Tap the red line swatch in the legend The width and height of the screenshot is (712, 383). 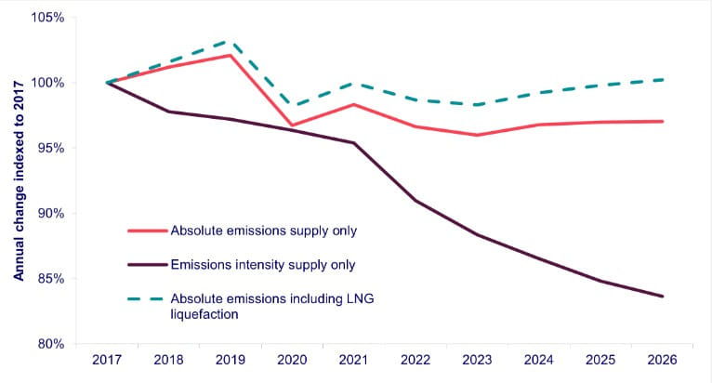coord(146,230)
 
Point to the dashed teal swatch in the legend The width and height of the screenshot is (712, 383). coord(146,298)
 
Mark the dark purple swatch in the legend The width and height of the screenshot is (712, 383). coord(146,265)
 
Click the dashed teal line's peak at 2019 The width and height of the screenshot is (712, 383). coord(231,41)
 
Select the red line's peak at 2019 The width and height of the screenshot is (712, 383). coord(231,55)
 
